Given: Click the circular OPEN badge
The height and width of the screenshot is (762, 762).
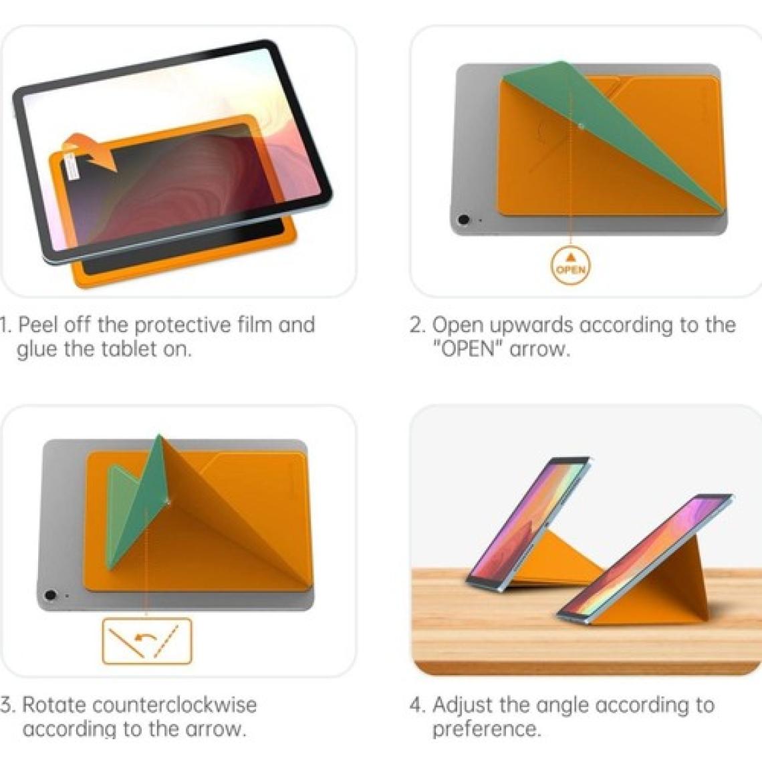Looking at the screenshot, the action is coord(571,265).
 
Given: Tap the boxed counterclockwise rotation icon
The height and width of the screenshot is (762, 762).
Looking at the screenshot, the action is coord(147,640).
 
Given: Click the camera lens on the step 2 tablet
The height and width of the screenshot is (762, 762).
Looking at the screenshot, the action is coord(464,220).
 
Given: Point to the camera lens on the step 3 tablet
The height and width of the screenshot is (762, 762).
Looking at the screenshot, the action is coord(49,595).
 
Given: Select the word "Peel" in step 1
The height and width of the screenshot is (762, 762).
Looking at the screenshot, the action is coord(38,325).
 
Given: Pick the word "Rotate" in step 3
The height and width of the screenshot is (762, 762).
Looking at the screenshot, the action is coord(54,705).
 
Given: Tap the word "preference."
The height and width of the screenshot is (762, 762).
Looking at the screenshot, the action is coord(487,730).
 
